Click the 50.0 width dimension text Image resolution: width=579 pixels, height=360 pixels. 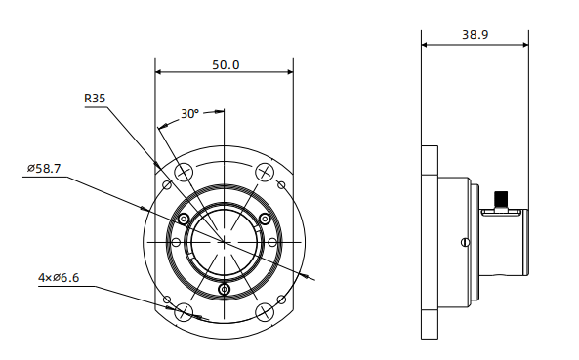pyautogui.click(x=226, y=65)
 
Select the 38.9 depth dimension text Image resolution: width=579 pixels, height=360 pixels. pyautogui.click(x=475, y=35)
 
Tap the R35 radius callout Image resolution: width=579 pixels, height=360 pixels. pyautogui.click(x=95, y=99)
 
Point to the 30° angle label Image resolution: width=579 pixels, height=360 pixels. pyautogui.click(x=189, y=114)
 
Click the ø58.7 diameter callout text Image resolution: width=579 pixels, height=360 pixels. pyautogui.click(x=44, y=168)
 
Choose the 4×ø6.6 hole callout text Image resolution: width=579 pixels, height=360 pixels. pyautogui.click(x=59, y=277)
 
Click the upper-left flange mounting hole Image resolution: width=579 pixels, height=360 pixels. pyautogui.click(x=184, y=172)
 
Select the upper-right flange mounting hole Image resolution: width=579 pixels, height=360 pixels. pyautogui.click(x=265, y=172)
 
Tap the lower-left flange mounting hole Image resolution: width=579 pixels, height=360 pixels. pyautogui.click(x=184, y=311)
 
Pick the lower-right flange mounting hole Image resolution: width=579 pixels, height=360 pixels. pyautogui.click(x=265, y=311)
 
